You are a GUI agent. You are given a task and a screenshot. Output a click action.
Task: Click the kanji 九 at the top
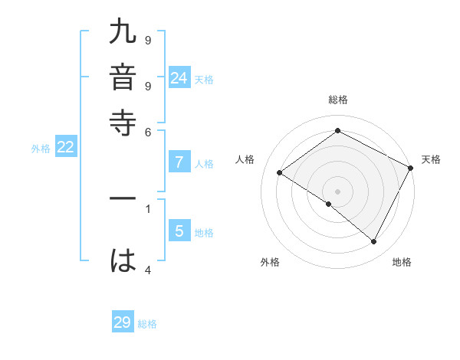click(x=123, y=35)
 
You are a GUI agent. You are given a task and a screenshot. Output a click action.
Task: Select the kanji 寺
click(x=123, y=123)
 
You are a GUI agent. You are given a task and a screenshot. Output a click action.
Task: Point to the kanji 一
click(x=123, y=198)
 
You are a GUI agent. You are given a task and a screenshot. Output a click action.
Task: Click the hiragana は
click(x=123, y=260)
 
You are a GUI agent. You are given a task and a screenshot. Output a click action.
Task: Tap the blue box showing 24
click(x=179, y=77)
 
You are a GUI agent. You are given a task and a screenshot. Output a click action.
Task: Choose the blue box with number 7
click(x=179, y=162)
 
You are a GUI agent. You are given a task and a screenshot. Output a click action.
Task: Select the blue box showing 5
click(x=179, y=231)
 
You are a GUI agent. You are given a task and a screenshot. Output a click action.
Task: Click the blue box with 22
click(x=65, y=148)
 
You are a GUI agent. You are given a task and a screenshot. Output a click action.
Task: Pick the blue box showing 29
click(x=123, y=322)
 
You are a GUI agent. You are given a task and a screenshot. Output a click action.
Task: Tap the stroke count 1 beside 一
click(x=148, y=207)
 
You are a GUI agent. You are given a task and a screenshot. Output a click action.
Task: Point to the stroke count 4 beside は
click(x=148, y=269)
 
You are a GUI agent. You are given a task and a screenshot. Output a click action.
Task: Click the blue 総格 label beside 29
click(x=147, y=324)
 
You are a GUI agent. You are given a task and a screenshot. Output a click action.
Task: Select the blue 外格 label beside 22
click(x=40, y=149)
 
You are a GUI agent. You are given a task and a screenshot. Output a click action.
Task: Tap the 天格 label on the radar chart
click(x=431, y=159)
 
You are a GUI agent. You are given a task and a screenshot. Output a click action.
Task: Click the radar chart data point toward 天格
click(x=411, y=168)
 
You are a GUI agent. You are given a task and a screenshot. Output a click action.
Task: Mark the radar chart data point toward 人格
click(x=279, y=173)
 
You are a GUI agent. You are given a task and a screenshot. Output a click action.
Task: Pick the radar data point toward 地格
click(x=374, y=241)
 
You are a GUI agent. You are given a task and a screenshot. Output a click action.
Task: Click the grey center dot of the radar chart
click(x=337, y=191)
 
